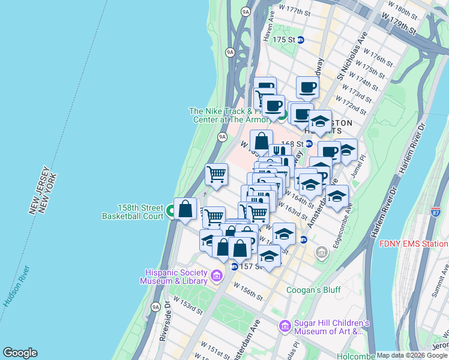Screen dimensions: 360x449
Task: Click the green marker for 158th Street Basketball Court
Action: [171, 211]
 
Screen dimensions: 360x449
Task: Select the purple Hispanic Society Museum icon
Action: [217, 276]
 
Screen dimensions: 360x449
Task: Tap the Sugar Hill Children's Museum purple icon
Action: [285, 326]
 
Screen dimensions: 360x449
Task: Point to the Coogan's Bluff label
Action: [313, 290]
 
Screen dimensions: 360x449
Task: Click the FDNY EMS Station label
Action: [414, 244]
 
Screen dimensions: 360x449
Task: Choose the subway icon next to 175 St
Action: [301, 40]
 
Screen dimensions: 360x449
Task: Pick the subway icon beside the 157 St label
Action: [235, 266]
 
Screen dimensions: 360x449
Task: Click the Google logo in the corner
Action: [20, 353]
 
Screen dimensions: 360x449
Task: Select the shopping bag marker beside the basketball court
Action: [185, 210]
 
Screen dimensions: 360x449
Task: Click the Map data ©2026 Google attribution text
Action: [412, 355]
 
